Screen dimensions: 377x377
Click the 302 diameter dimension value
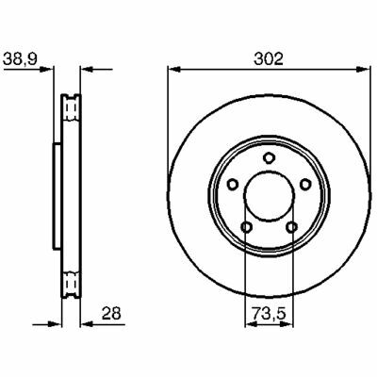pos(269,58)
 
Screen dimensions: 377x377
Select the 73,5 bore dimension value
pos(269,313)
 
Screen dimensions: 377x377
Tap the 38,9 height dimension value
pos(20,58)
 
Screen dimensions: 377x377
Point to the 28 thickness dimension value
pos(111,313)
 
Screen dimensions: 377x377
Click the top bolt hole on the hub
pos(269,157)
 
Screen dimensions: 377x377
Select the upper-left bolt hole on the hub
pos(233,184)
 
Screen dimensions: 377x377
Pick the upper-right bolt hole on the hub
pos(304,184)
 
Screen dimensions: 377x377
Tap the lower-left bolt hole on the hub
pos(246,226)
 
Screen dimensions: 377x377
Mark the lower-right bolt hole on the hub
pos(291,226)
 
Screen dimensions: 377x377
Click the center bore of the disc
pos(269,196)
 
